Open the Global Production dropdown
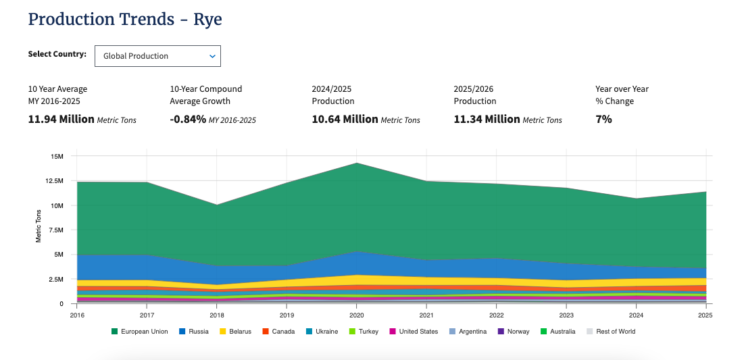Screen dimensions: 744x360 (x=157, y=56)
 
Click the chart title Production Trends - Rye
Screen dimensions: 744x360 (x=125, y=20)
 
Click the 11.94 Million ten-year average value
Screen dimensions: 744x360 (x=61, y=119)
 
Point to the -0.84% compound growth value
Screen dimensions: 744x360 (x=188, y=119)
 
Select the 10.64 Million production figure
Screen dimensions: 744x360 (x=345, y=119)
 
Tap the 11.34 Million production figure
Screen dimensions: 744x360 (x=487, y=119)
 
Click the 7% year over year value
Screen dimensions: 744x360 (x=603, y=119)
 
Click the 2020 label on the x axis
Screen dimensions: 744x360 (x=356, y=315)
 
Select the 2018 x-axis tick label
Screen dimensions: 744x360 (x=216, y=315)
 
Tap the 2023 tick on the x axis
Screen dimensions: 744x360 (x=566, y=315)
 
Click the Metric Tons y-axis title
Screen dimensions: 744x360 (x=39, y=226)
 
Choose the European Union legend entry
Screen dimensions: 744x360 (x=139, y=332)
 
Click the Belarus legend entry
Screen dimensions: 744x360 (x=235, y=332)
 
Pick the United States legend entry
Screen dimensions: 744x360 (x=414, y=332)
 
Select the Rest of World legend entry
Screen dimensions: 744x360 (x=611, y=332)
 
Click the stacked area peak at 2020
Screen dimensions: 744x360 (x=356, y=163)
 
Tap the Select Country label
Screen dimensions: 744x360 (x=57, y=54)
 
